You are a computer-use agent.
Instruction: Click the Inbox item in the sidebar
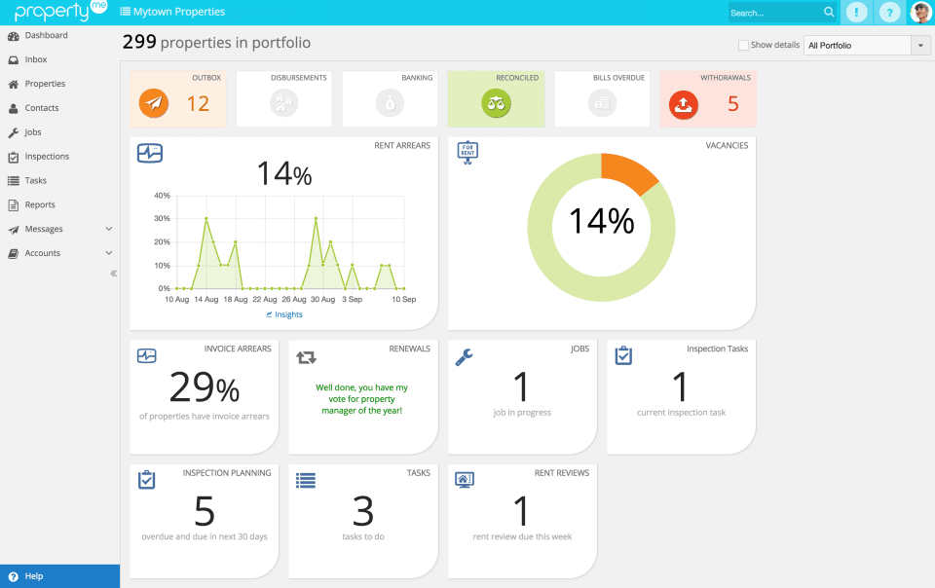point(35,59)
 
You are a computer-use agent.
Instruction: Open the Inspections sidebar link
point(47,156)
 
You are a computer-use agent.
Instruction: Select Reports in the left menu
point(40,204)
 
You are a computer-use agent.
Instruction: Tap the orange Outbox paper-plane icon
point(154,102)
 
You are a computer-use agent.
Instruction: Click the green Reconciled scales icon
point(496,102)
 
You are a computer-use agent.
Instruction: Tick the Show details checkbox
point(743,45)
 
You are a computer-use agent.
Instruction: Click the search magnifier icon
point(829,13)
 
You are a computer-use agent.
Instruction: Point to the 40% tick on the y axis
point(163,196)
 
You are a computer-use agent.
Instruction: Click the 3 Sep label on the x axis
point(352,299)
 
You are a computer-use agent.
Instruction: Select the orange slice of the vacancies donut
point(627,169)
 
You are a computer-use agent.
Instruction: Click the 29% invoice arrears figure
point(204,387)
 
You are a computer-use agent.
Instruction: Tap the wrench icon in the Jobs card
point(465,357)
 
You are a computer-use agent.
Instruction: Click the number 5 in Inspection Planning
point(204,511)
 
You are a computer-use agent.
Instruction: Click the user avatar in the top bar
point(920,13)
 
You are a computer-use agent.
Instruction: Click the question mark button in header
point(888,13)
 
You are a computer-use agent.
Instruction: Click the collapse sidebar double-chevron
point(113,274)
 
